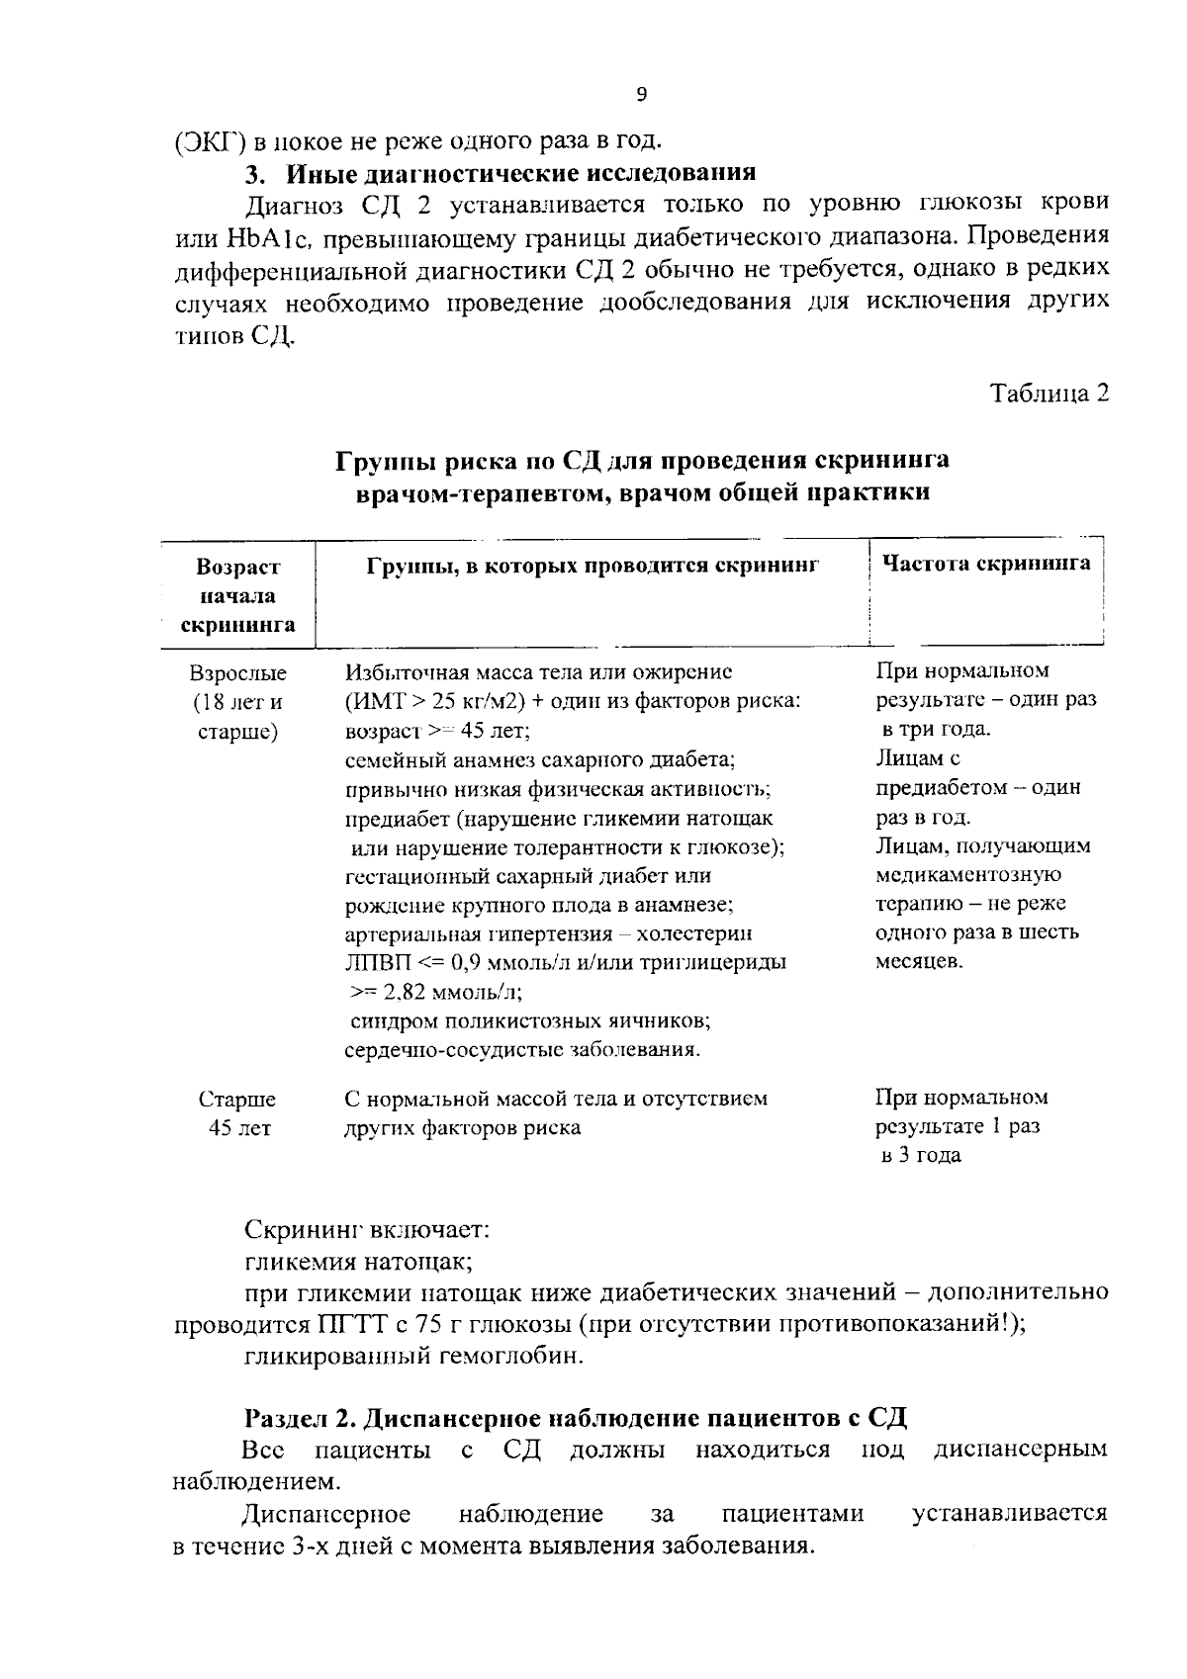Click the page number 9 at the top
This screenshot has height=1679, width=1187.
641,94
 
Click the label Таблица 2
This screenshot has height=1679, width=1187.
1050,394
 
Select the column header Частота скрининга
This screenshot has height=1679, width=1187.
986,564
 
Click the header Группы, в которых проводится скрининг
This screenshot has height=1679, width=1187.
593,566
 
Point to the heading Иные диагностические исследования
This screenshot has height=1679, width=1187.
521,173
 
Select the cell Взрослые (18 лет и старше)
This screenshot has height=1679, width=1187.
237,703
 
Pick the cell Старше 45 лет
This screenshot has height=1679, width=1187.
237,1113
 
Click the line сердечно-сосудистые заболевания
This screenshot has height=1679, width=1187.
523,1049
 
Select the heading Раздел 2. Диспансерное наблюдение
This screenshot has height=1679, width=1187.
576,1418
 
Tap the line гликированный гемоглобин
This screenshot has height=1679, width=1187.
414,1356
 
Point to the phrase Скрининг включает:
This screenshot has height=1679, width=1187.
367,1232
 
